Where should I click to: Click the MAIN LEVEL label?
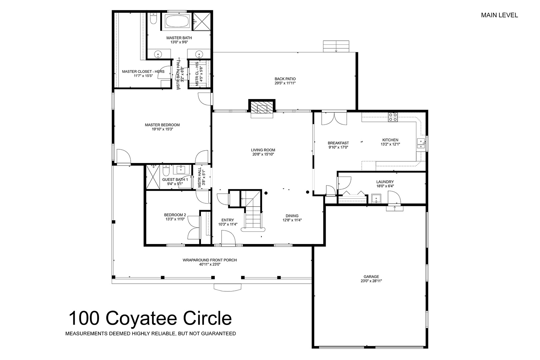tap(499, 15)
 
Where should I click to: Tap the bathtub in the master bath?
tap(177, 21)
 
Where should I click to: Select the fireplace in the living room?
tap(262, 108)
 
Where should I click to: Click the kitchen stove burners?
tap(393, 117)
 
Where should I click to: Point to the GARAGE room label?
tap(371, 277)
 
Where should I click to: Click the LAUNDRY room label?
tap(385, 182)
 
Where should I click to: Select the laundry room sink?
tap(376, 198)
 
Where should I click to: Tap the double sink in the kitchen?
tap(421, 143)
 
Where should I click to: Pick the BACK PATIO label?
tap(285, 79)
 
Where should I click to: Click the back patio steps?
tap(336, 46)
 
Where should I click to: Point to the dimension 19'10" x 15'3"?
tap(162, 129)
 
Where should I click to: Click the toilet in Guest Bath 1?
tap(166, 170)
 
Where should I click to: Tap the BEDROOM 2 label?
tap(175, 215)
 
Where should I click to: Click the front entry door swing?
tap(228, 238)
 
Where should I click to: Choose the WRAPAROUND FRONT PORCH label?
tap(209, 260)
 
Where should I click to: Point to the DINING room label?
tap(292, 216)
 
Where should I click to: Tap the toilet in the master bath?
tap(153, 18)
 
